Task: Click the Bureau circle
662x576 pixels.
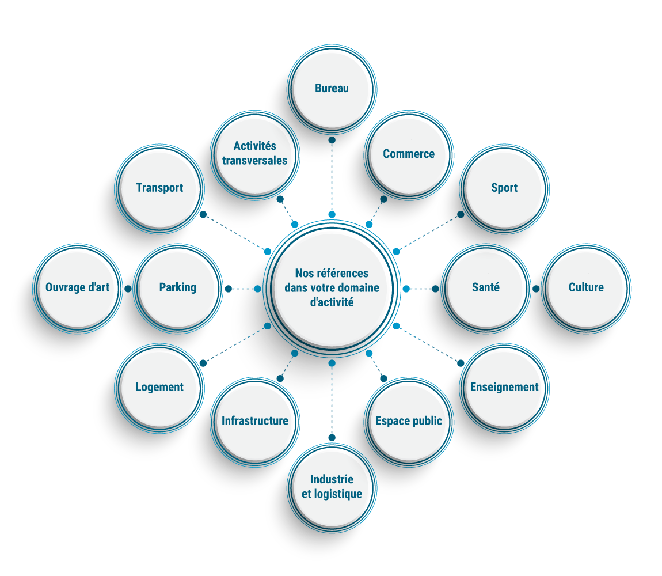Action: [x=332, y=89]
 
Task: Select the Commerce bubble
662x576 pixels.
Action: [x=409, y=154]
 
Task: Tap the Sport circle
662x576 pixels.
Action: [x=504, y=188]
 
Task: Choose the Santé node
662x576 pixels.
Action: [x=486, y=287]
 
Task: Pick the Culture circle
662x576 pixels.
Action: [x=586, y=287]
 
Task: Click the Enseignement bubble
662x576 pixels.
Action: [x=504, y=387]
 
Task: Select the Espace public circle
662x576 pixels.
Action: [x=409, y=421]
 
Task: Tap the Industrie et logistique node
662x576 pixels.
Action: [x=332, y=486]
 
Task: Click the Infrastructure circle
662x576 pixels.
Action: [x=255, y=421]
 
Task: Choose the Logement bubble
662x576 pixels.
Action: [x=159, y=387]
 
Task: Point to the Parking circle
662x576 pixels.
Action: [x=178, y=287]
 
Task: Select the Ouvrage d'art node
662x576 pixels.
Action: [x=78, y=287]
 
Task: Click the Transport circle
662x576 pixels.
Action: [x=159, y=188]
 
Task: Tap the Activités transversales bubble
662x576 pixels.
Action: [x=255, y=153]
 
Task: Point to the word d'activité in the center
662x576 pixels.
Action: [x=332, y=302]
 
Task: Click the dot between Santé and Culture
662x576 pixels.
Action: [x=536, y=289]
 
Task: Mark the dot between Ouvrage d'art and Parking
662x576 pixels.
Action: [x=128, y=289]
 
